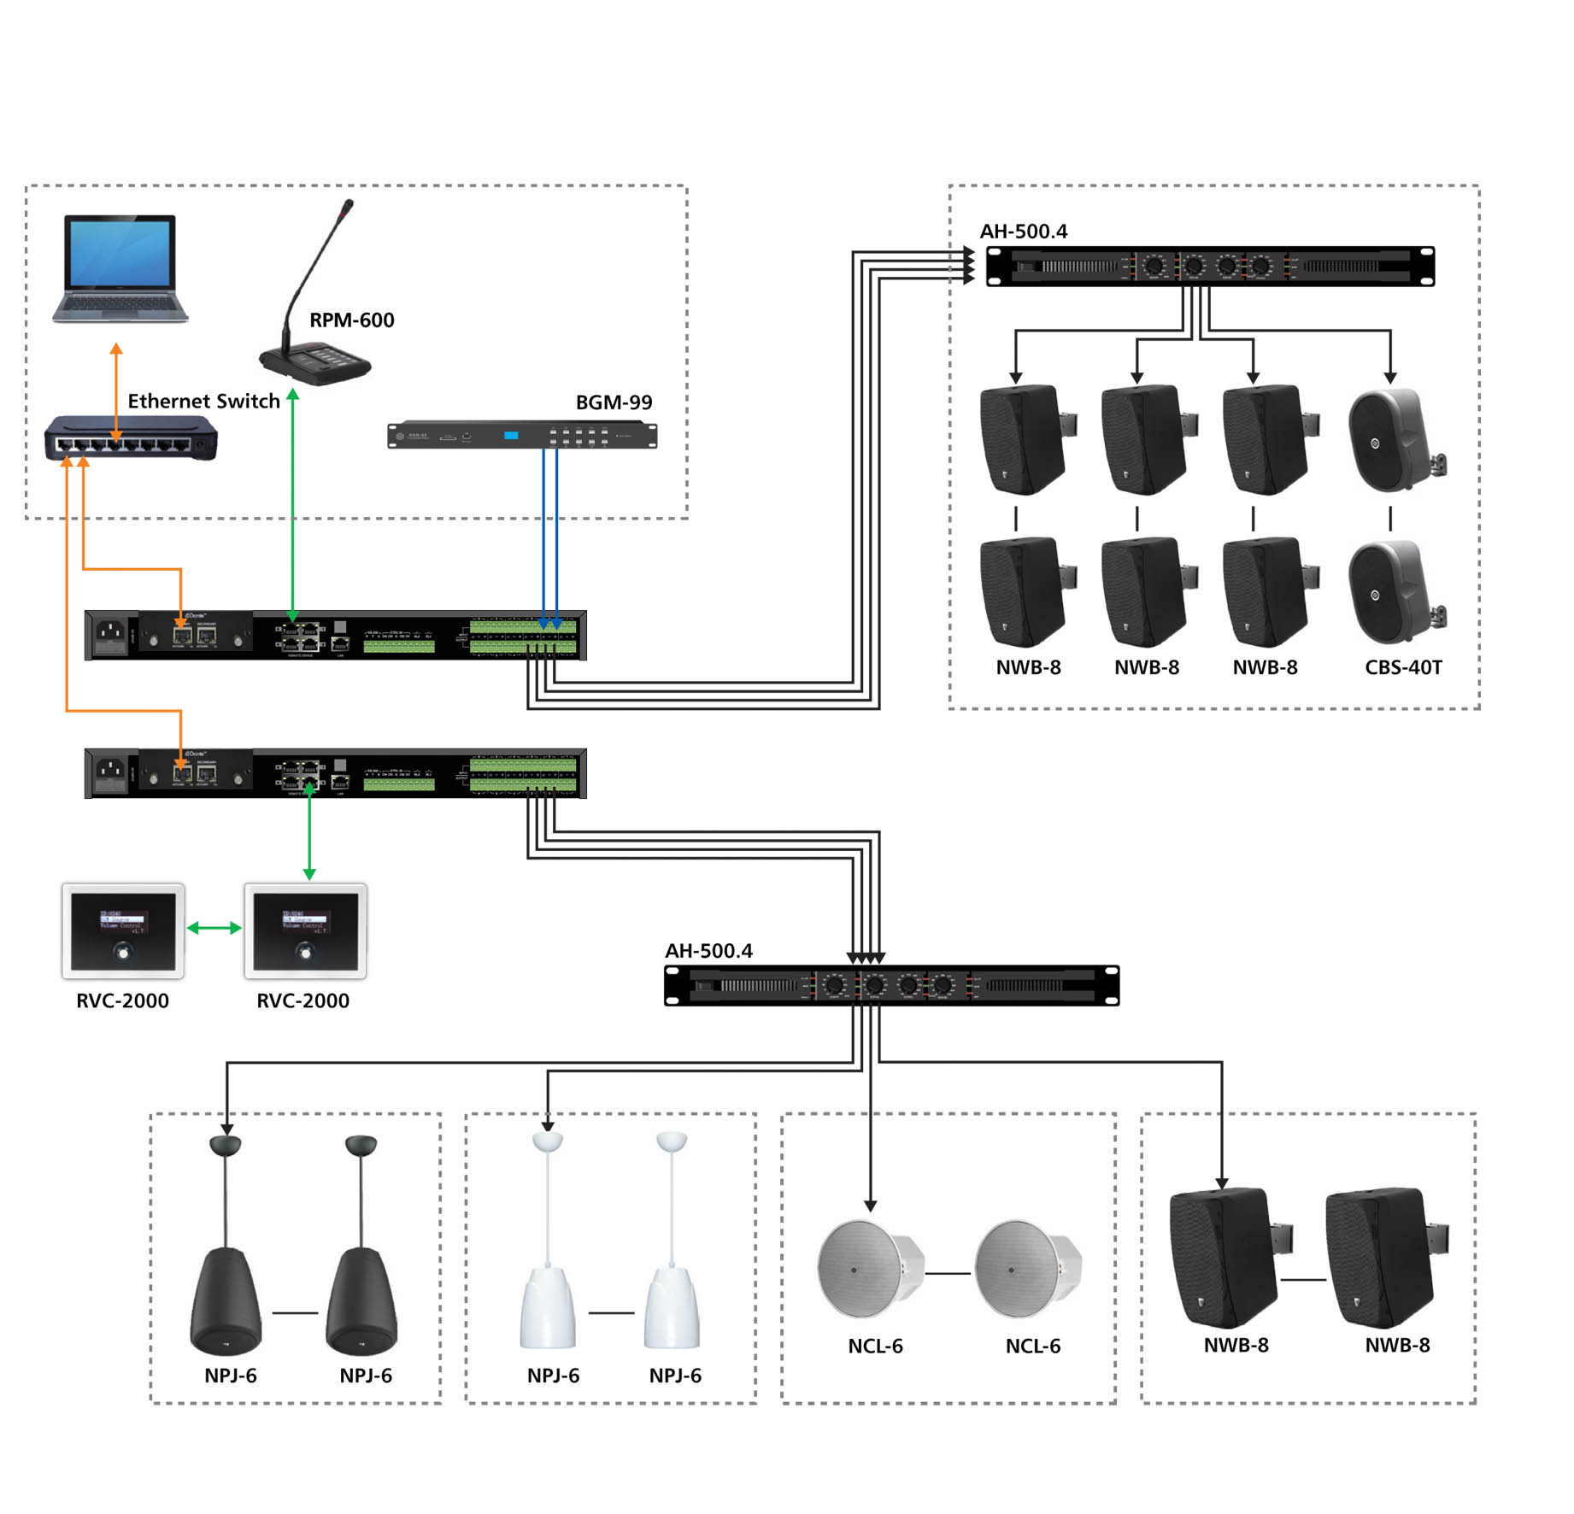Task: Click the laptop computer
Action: [x=120, y=268]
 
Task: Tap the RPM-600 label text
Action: [x=351, y=320]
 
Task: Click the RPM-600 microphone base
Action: [x=315, y=362]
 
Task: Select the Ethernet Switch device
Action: [x=131, y=438]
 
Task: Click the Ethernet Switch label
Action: [x=203, y=401]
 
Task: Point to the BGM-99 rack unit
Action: [x=522, y=436]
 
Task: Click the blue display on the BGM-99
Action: [x=511, y=436]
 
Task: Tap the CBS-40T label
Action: [x=1402, y=667]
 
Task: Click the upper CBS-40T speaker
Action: [x=1394, y=441]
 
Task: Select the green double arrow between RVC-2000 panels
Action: [x=214, y=928]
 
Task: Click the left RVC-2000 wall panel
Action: [x=123, y=931]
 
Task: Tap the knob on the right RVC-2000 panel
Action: [x=305, y=951]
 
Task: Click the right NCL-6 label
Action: [x=1032, y=1347]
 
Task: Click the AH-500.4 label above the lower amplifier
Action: [x=708, y=951]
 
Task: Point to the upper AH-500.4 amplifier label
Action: [x=1023, y=232]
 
